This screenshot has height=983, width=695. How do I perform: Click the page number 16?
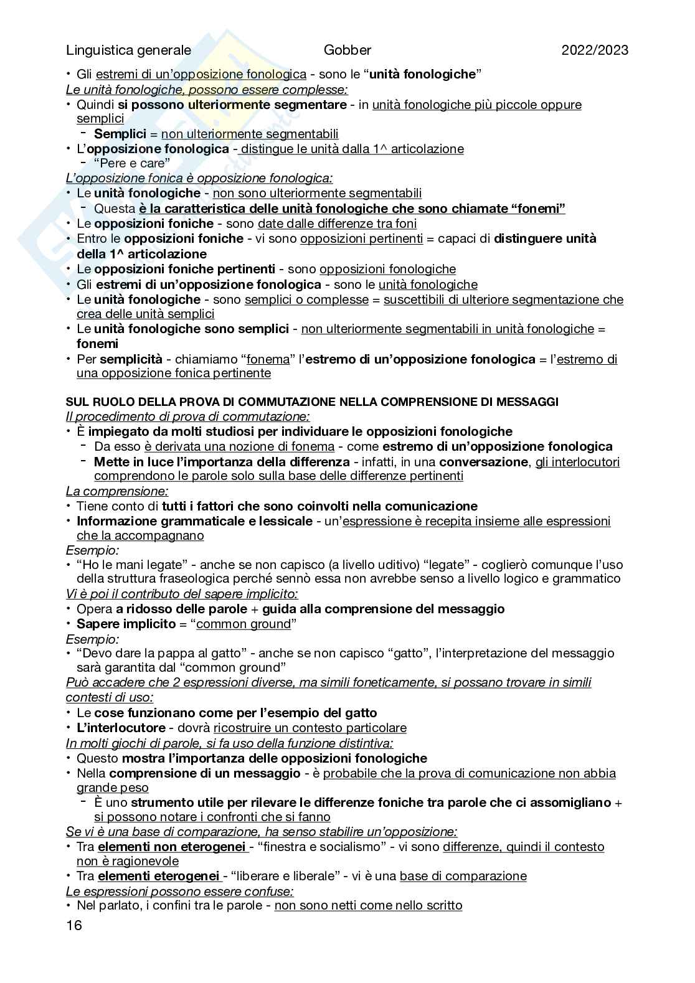[x=74, y=925]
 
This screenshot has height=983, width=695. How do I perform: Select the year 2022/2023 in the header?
[x=595, y=51]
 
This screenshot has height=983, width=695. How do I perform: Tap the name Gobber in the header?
[x=347, y=51]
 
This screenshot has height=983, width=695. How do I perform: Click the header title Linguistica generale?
[x=129, y=51]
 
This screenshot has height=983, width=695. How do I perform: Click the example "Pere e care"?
[x=132, y=164]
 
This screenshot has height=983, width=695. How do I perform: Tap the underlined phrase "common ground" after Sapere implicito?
[x=243, y=624]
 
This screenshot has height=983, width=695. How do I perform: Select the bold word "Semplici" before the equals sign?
[x=120, y=134]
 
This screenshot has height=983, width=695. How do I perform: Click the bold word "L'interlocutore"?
[x=121, y=728]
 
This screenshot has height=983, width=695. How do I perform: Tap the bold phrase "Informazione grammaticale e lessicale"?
[x=194, y=521]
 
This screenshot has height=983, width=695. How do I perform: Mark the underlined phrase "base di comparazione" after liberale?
[x=463, y=876]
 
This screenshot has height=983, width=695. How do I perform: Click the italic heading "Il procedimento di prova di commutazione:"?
[x=188, y=416]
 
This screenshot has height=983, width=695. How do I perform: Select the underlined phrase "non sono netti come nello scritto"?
[x=368, y=905]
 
